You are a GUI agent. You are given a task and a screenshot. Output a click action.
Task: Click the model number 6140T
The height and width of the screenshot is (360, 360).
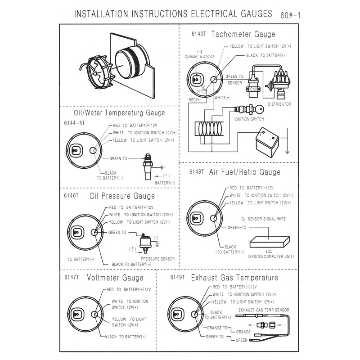(x=198, y=35)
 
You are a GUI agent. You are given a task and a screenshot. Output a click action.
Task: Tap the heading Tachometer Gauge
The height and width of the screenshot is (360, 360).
(x=243, y=34)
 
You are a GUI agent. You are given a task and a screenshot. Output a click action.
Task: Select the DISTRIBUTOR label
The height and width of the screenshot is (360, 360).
(x=279, y=104)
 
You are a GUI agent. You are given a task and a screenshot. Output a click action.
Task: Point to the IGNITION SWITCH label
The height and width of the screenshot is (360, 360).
(x=248, y=119)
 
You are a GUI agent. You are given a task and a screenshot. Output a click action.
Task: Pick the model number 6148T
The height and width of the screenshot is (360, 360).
(x=197, y=172)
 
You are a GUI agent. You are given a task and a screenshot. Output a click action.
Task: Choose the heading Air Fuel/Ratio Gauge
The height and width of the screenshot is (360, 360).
(x=245, y=172)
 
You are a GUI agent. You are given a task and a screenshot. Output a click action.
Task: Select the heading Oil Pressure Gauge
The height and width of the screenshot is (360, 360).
(x=122, y=196)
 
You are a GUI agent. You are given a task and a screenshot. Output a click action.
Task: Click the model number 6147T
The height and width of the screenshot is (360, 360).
(x=71, y=278)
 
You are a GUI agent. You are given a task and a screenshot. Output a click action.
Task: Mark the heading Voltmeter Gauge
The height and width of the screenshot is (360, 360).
(x=115, y=278)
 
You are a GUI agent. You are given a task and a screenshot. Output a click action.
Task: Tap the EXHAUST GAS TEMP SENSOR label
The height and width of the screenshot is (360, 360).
(x=263, y=310)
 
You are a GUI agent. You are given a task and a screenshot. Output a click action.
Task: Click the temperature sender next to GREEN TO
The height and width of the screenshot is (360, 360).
(x=146, y=166)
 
